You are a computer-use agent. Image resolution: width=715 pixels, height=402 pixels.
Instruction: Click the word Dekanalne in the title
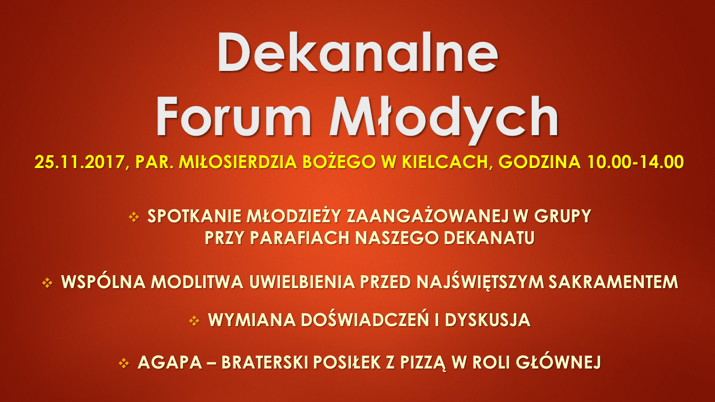pyautogui.click(x=357, y=52)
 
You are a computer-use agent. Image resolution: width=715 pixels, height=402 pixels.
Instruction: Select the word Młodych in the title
pyautogui.click(x=444, y=120)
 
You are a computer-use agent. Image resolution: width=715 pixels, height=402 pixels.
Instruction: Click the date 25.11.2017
pyautogui.click(x=79, y=162)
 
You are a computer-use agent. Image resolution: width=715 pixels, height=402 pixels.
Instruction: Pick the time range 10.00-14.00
pyautogui.click(x=635, y=162)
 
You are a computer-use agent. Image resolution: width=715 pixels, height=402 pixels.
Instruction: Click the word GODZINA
pyautogui.click(x=539, y=162)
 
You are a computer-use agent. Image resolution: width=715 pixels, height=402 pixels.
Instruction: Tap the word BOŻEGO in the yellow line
pyautogui.click(x=339, y=161)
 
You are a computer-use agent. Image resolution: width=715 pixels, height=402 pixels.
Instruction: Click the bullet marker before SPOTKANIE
pyautogui.click(x=134, y=217)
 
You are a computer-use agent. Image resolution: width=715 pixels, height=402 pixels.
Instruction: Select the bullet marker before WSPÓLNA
pyautogui.click(x=47, y=283)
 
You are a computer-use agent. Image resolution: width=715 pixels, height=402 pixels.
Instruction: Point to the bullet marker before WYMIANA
pyautogui.click(x=194, y=320)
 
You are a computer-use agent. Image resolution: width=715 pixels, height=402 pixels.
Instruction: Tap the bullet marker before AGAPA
pyautogui.click(x=124, y=363)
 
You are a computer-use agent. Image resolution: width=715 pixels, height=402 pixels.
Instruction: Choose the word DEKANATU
pyautogui.click(x=489, y=238)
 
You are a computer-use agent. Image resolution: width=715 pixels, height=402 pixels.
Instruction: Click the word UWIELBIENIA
pyautogui.click(x=302, y=282)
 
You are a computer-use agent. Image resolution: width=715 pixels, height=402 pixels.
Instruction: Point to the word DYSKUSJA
pyautogui.click(x=488, y=320)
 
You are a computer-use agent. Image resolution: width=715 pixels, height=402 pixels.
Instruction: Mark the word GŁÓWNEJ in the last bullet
pyautogui.click(x=559, y=362)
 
